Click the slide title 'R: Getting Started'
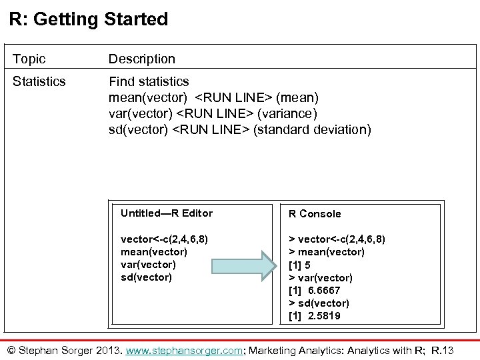click(89, 19)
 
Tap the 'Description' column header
click(142, 59)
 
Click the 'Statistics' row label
click(39, 81)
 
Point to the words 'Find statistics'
click(149, 81)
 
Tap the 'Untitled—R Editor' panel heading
click(167, 213)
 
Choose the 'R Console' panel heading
click(314, 214)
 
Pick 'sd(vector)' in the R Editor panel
click(146, 277)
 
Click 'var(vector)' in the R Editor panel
click(149, 264)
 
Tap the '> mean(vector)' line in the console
click(326, 252)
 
